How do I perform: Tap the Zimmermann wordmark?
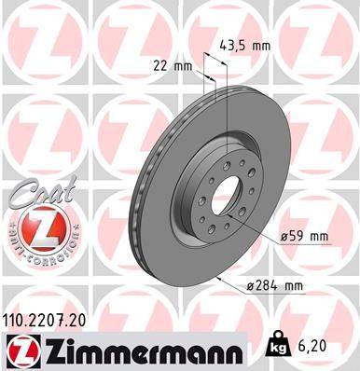pyautogui.click(x=141, y=350)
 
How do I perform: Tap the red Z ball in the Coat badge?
pyautogui.click(x=35, y=227)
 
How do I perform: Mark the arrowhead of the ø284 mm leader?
pyautogui.click(x=216, y=278)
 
